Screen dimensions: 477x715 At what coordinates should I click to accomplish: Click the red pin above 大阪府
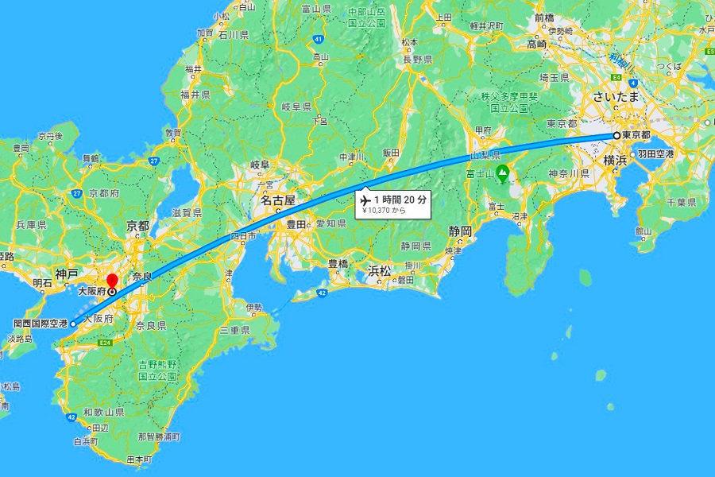pos(112,280)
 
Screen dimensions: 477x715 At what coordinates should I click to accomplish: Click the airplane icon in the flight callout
pos(366,199)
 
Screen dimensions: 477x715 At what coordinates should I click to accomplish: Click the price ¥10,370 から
pos(384,211)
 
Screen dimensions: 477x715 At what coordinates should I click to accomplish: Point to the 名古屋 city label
pos(278,200)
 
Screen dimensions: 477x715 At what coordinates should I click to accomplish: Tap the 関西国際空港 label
pos(37,324)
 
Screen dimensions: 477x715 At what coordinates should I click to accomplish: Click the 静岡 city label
pos(460,231)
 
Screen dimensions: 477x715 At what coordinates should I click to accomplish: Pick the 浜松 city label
pos(379,271)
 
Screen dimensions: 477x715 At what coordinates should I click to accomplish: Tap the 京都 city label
pos(137,227)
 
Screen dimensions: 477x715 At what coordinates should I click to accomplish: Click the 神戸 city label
pos(67,274)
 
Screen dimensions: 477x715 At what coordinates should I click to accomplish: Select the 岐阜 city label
pos(260,165)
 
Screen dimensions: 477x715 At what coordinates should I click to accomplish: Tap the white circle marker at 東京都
pos(616,136)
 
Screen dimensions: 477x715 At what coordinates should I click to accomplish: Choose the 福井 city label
pos(193,69)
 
